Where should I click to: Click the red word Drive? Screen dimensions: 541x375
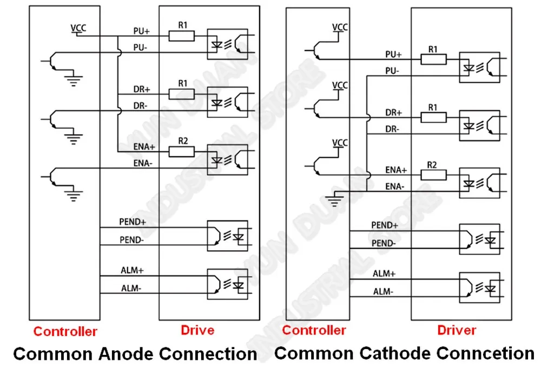[x=197, y=330]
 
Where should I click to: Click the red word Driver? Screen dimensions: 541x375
[x=457, y=330]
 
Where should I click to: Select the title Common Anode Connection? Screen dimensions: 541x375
[x=135, y=354]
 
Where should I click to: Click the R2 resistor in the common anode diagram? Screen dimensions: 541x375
[x=181, y=152]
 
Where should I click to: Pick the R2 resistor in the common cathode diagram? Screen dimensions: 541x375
[x=433, y=175]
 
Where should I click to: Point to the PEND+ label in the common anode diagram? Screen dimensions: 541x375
[x=133, y=222]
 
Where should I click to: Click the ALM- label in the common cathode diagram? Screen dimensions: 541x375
[x=383, y=292]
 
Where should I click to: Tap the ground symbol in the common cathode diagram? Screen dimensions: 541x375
[x=334, y=200]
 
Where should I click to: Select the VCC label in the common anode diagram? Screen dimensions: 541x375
[x=78, y=28]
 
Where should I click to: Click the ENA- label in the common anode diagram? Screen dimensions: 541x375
[x=143, y=163]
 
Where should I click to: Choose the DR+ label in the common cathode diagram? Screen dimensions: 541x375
[x=394, y=112]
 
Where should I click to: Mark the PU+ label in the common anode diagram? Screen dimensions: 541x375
[x=141, y=31]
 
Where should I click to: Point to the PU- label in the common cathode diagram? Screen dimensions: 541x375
[x=392, y=71]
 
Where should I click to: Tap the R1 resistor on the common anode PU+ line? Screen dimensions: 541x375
[x=181, y=36]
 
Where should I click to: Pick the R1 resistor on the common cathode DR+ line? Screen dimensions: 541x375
[x=433, y=118]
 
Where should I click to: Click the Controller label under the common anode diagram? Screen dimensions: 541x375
[x=65, y=331]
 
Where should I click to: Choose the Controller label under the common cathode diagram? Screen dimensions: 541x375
[x=314, y=330]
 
